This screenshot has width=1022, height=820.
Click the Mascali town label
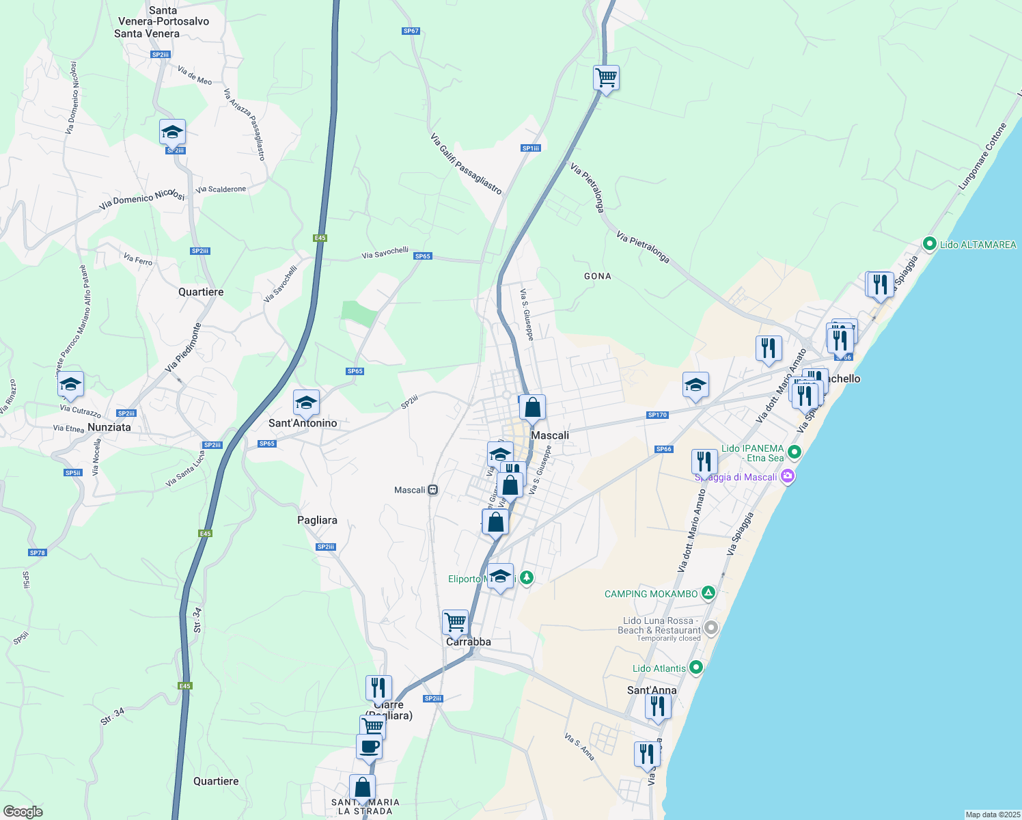tap(550, 435)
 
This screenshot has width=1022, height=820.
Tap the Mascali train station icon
tap(432, 490)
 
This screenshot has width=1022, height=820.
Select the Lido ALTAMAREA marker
tap(929, 244)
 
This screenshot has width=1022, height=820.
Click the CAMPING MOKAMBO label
tap(651, 594)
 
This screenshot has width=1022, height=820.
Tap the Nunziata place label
tap(109, 427)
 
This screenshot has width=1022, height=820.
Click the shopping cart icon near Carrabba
tap(455, 623)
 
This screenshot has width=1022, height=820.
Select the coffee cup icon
tap(369, 746)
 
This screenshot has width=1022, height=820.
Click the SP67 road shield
tap(411, 31)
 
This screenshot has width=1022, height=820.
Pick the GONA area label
tap(598, 276)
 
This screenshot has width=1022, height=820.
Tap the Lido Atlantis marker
tap(696, 667)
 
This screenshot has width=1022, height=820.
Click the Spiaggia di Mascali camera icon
tap(788, 476)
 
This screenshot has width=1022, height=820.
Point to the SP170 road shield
tap(657, 415)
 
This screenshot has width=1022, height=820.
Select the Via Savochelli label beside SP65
tap(385, 253)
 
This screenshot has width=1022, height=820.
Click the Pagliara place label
tap(317, 520)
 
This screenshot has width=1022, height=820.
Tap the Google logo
tap(23, 811)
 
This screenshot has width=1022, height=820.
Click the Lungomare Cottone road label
tap(982, 156)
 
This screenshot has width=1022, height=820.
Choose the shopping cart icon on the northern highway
tap(606, 78)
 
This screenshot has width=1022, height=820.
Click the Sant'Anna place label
tap(652, 690)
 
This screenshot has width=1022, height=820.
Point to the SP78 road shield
tap(38, 552)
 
